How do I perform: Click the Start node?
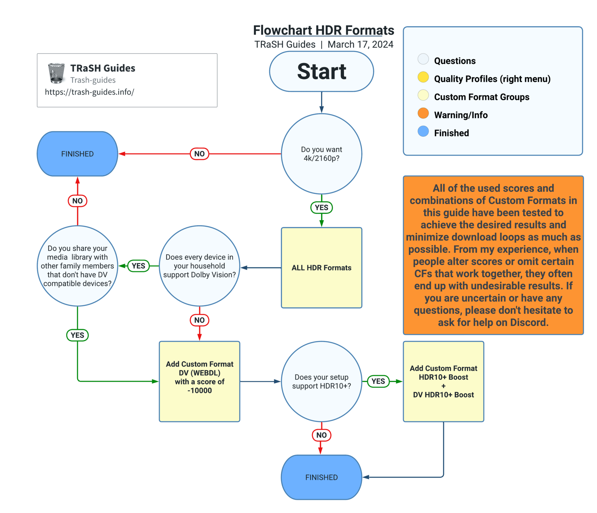tap(321, 71)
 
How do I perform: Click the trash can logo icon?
tap(56, 73)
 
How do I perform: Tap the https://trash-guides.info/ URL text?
tap(89, 92)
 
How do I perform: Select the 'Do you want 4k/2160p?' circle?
tap(321, 154)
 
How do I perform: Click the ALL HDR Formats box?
tap(321, 267)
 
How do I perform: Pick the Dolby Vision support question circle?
tap(199, 266)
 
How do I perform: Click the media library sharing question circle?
tap(77, 266)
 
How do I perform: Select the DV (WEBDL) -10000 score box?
tap(199, 381)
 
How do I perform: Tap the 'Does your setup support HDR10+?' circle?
tap(321, 381)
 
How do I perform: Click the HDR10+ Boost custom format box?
tap(443, 381)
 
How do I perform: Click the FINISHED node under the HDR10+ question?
tap(321, 477)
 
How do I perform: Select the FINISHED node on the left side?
tap(77, 154)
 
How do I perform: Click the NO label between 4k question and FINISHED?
tap(199, 154)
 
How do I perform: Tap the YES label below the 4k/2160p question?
tap(321, 207)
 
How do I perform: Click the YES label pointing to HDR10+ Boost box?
tap(378, 381)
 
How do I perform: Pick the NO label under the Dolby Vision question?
tap(199, 320)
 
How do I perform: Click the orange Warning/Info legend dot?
tap(423, 113)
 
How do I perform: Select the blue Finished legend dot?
tap(423, 131)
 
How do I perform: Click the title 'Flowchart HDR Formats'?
tap(323, 30)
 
